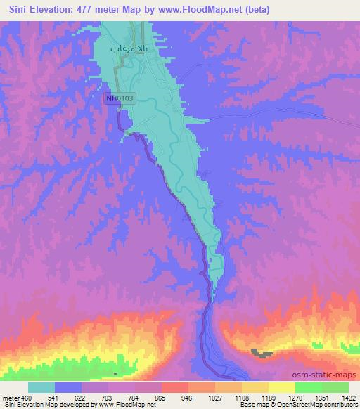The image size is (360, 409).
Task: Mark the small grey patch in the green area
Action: click(262, 353)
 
